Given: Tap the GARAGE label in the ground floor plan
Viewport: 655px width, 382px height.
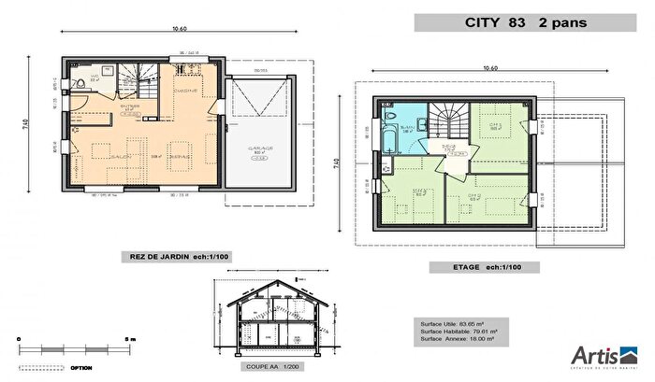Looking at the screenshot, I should (260, 148).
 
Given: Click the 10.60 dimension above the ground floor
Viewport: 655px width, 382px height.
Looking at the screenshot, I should (179, 29).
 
